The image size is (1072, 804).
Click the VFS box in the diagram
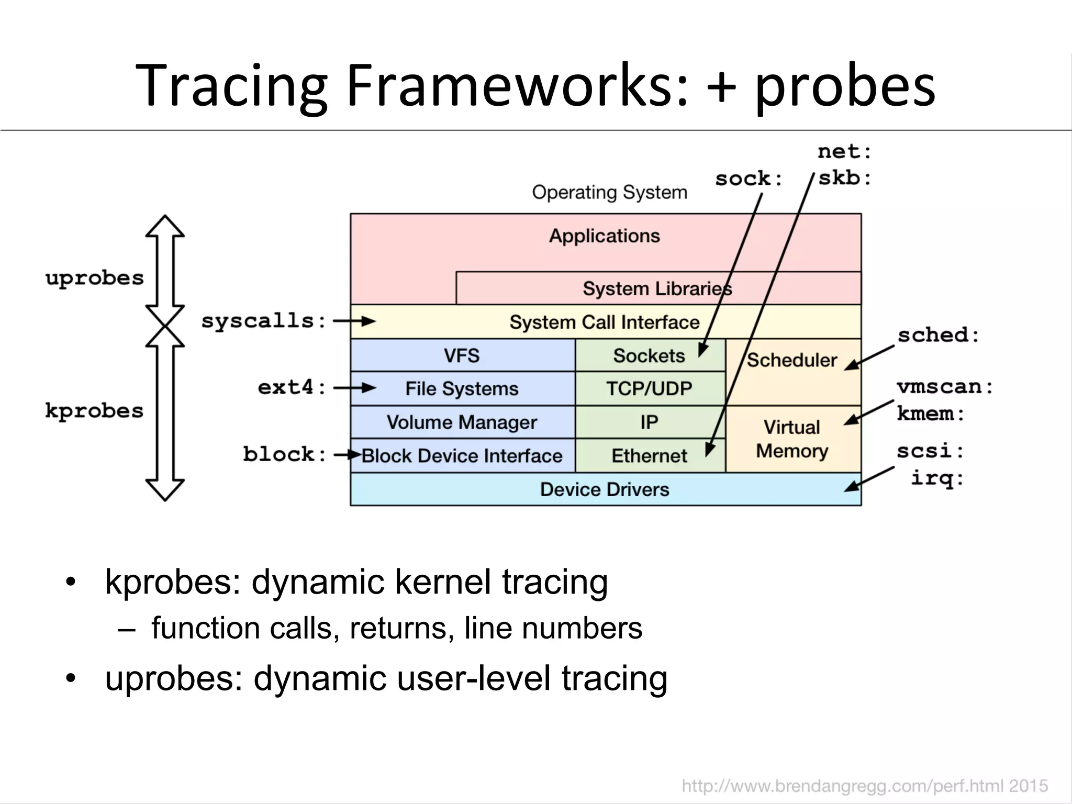click(462, 355)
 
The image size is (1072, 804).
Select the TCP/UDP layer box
click(649, 388)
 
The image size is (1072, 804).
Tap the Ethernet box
click(649, 456)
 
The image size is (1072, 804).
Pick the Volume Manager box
click(462, 422)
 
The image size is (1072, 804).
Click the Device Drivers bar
click(605, 489)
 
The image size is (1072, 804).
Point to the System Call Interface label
click(605, 322)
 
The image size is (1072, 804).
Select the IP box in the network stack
click(649, 422)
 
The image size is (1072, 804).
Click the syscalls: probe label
click(264, 320)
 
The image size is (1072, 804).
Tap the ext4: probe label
click(292, 387)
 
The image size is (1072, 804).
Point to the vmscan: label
click(945, 387)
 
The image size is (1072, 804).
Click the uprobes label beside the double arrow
click(95, 278)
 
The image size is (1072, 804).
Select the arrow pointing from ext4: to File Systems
click(355, 388)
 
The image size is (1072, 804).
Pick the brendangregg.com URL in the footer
click(864, 786)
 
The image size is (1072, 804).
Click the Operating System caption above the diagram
click(609, 192)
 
